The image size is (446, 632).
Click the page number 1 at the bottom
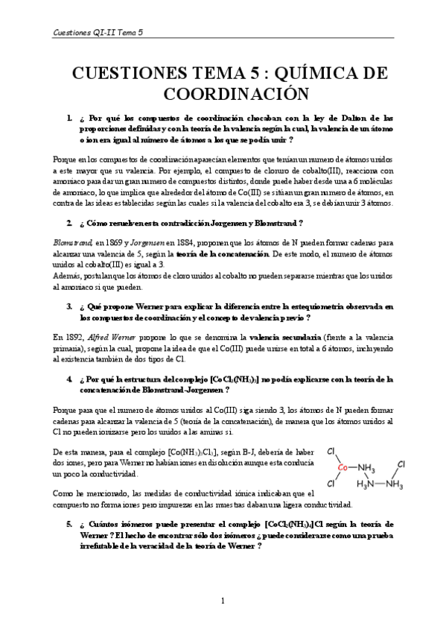[x=223, y=601]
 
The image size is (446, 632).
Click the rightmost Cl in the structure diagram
[x=401, y=464]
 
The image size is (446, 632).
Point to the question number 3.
[x=69, y=306]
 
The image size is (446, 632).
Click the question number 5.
[x=69, y=524]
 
